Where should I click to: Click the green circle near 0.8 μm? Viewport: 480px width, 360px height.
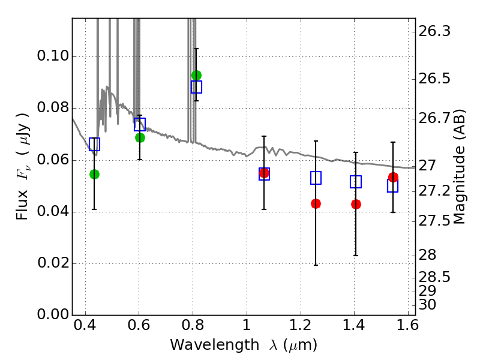tap(196, 75)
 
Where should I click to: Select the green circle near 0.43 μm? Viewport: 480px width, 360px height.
tap(94, 174)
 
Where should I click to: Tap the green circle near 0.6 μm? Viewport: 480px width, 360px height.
tap(140, 137)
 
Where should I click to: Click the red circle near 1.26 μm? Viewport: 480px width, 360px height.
tap(316, 203)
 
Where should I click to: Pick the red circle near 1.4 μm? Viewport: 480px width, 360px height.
tap(356, 204)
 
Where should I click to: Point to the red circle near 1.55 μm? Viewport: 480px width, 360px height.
tap(393, 177)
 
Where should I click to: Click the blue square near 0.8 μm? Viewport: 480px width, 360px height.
tap(196, 87)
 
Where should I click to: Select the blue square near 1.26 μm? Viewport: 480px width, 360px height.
tap(316, 178)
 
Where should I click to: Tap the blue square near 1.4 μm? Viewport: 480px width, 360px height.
tap(356, 182)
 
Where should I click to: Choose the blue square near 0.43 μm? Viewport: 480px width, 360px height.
tap(94, 144)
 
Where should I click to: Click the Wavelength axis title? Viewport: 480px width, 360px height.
tap(243, 346)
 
